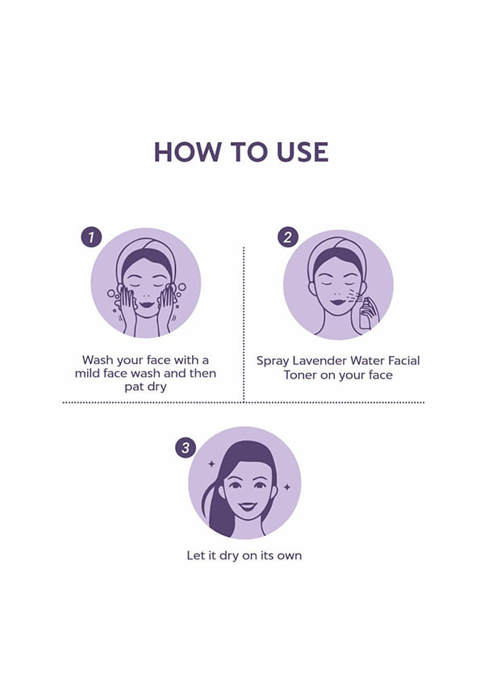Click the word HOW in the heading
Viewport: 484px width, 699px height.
click(x=187, y=152)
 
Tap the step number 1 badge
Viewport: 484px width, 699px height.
click(x=91, y=236)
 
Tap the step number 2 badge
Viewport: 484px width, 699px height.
click(x=288, y=236)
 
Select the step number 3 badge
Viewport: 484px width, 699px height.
click(x=186, y=447)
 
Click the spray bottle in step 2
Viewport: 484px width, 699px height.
click(x=365, y=314)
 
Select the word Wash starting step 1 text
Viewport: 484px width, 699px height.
click(x=97, y=360)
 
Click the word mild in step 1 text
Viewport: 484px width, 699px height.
click(x=89, y=373)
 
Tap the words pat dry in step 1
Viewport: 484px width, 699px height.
click(x=145, y=387)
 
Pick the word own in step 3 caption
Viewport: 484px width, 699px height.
click(x=290, y=556)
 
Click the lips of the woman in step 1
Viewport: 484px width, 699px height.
click(x=146, y=305)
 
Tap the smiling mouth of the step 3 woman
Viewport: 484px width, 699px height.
click(x=247, y=506)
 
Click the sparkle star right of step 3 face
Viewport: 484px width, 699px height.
click(x=287, y=487)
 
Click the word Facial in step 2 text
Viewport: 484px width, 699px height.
click(x=404, y=361)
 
